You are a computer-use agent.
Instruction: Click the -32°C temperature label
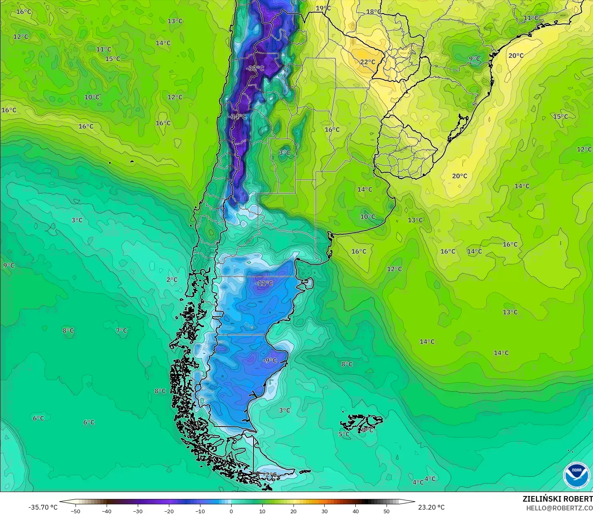[255, 68]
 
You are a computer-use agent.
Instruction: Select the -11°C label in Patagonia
[264, 283]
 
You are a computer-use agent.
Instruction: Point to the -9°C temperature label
[270, 360]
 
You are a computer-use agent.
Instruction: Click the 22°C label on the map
[368, 62]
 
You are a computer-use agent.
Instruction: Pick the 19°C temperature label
[323, 8]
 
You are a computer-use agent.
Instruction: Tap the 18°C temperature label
[374, 12]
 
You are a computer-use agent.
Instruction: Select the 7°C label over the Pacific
[121, 331]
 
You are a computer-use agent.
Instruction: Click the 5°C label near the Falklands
[344, 434]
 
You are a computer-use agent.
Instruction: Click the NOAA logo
[576, 475]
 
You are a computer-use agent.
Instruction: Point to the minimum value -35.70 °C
[43, 507]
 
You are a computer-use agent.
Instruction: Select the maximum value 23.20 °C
[431, 507]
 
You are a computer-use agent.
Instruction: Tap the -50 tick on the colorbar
[75, 511]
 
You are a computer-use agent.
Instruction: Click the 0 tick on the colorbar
[231, 511]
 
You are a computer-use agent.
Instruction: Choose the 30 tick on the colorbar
[324, 511]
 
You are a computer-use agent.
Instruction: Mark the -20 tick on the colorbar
[169, 511]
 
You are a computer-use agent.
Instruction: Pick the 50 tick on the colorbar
[387, 511]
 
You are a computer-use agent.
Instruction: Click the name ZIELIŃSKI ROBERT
[557, 499]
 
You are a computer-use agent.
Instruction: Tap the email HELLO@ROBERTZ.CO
[559, 508]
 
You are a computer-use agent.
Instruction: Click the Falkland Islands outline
[361, 423]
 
